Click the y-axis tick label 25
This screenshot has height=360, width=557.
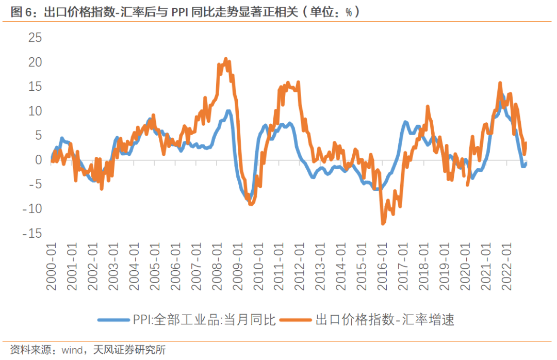[35, 38]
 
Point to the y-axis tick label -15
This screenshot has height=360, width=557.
[31, 234]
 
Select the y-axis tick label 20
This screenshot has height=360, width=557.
[35, 62]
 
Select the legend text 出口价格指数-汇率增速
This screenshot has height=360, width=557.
[384, 320]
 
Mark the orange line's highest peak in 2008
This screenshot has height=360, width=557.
[226, 59]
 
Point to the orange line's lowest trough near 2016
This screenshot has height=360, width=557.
[383, 223]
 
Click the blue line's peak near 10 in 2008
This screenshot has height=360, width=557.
[228, 111]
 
